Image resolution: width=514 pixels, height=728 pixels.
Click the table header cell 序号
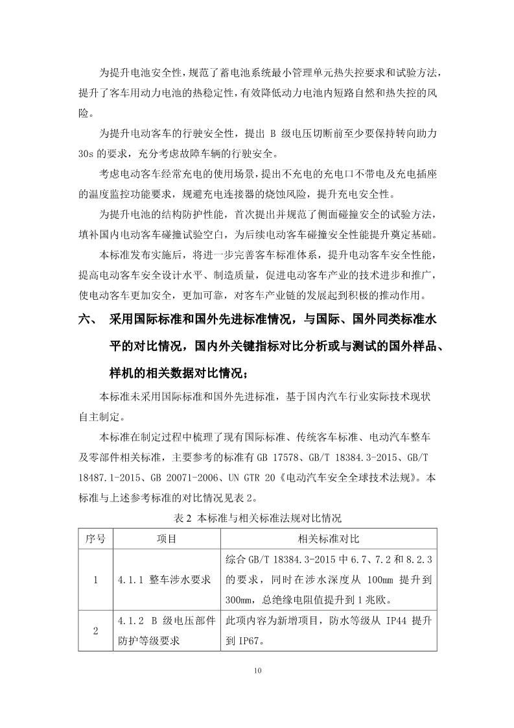[x=95, y=539]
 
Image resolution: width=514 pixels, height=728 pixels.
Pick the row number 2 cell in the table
[x=95, y=630]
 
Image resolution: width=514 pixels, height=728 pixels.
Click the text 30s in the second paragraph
[x=88, y=154]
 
